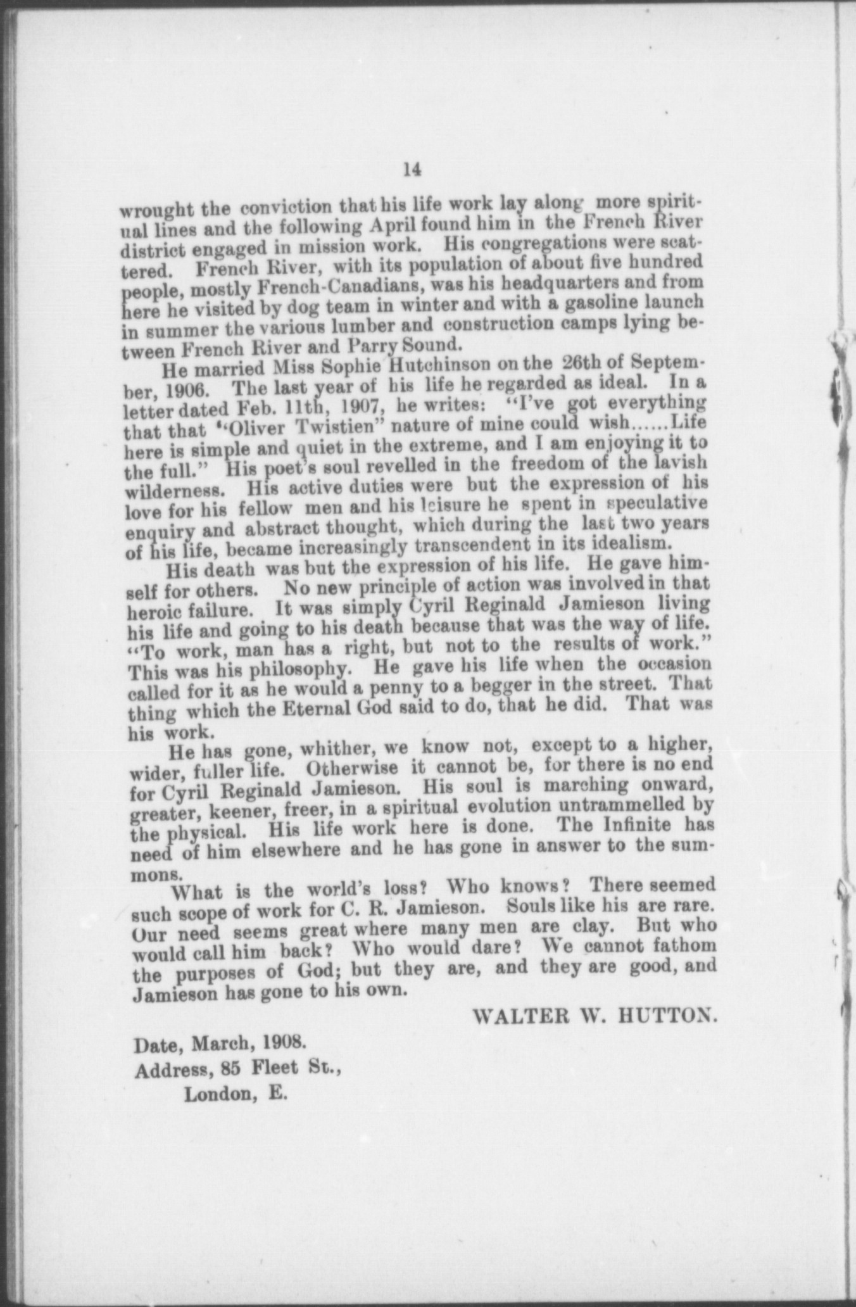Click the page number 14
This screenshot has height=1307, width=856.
[x=412, y=170]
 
